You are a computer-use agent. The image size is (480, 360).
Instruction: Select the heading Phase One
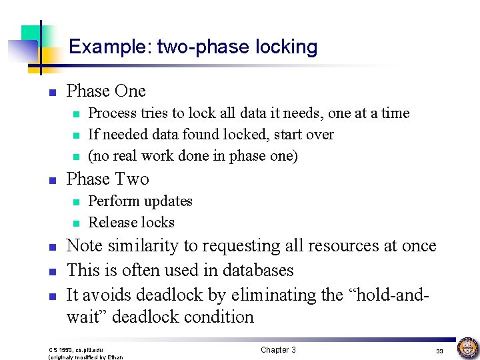tap(106, 91)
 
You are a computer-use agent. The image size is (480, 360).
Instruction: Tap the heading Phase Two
tap(108, 179)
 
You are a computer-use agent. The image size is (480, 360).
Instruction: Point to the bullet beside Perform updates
tap(76, 202)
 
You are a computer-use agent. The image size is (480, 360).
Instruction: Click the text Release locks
tap(131, 222)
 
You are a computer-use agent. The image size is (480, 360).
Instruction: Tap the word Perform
tap(110, 201)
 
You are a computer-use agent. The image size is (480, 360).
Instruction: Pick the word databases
tap(260, 270)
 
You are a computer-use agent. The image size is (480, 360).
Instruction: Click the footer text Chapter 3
tap(278, 350)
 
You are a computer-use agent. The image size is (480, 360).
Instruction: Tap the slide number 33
tap(439, 351)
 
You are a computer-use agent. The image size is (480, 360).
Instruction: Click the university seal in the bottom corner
tap(467, 348)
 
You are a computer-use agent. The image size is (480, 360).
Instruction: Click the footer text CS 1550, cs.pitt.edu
tap(76, 350)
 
